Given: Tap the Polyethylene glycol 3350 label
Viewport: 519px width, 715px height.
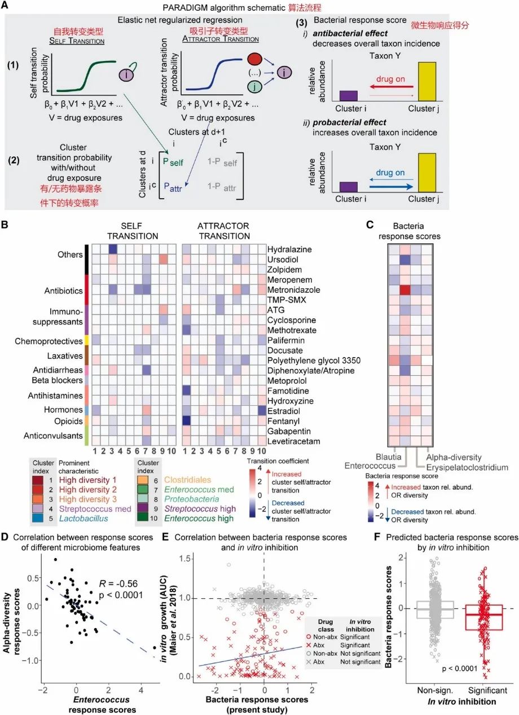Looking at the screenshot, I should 314,360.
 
